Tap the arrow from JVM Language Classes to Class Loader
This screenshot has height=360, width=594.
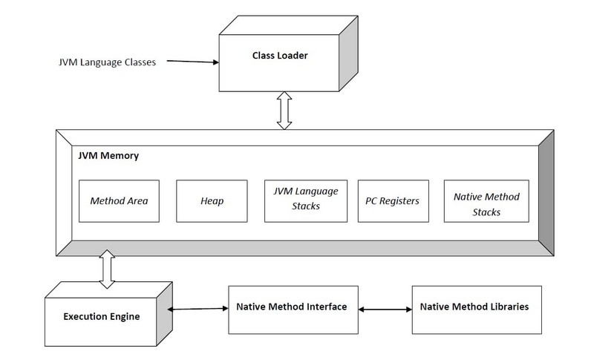click(192, 62)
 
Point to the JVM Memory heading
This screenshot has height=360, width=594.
click(108, 157)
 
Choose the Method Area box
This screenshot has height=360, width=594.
click(119, 200)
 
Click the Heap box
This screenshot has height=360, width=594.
click(212, 200)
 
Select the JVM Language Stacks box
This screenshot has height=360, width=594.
click(306, 200)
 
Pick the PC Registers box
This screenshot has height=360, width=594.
click(393, 200)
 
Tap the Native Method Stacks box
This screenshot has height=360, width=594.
click(486, 200)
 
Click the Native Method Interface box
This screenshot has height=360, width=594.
click(293, 307)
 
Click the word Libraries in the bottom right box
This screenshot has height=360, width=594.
click(506, 307)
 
